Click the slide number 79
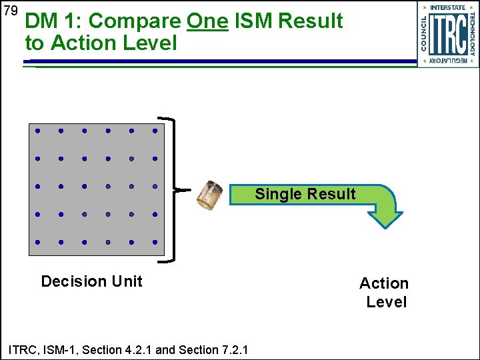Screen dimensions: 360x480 pos(9,11)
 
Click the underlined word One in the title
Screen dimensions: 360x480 pos(207,21)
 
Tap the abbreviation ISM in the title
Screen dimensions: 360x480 pos(255,21)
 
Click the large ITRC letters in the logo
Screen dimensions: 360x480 pos(447,34)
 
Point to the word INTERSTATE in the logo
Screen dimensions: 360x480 pos(447,7)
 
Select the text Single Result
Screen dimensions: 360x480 pos(305,194)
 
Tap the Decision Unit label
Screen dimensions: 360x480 pos(91,281)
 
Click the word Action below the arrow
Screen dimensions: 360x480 pos(384,283)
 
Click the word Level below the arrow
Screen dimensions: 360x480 pos(387,302)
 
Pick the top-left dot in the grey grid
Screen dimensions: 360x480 pos(38,131)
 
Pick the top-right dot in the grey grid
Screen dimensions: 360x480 pos(155,131)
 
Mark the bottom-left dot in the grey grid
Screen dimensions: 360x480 pos(38,242)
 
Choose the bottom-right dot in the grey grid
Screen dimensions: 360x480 pos(155,242)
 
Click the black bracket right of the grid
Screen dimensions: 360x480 pos(175,189)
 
